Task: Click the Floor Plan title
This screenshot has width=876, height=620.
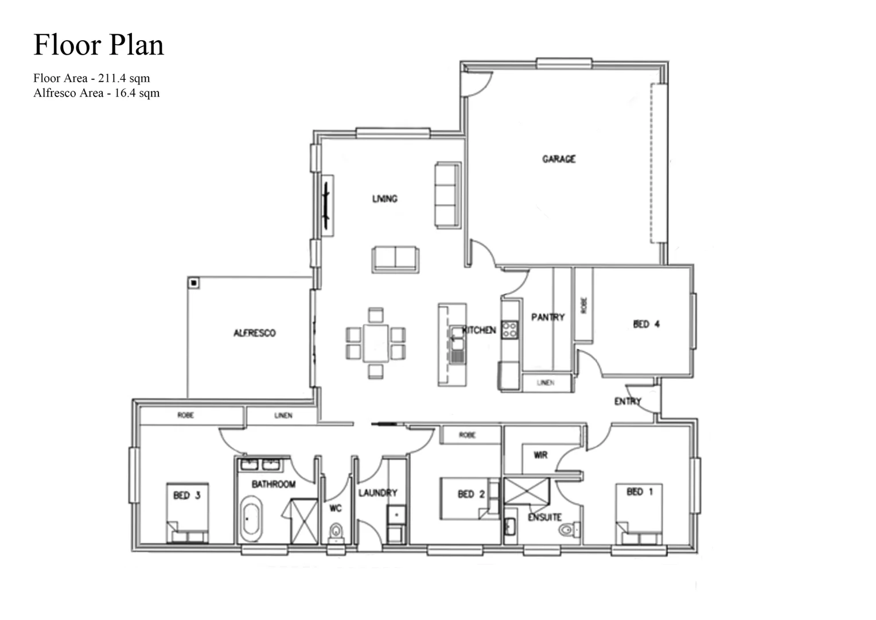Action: coord(99,45)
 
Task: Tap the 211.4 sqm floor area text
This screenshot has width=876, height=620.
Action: coord(123,78)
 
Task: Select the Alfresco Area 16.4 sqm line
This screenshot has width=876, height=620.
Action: coord(96,93)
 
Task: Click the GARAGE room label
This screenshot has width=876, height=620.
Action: coord(558,159)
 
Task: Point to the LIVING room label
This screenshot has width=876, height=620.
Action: coord(384,199)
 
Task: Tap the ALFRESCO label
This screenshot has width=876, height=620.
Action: coord(254,333)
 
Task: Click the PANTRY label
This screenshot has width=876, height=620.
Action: coord(547,317)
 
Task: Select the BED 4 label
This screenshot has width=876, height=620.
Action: coord(646,324)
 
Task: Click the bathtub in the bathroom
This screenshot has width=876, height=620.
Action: coord(251,520)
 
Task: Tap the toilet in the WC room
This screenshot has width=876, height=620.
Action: coord(336,532)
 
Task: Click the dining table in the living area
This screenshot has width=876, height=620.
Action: coord(375,343)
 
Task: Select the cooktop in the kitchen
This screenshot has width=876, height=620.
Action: coord(509,330)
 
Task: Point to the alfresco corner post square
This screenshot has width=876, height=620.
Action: coord(194,283)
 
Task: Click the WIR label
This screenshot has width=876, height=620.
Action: coord(540,455)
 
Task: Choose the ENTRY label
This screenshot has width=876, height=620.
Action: coord(628,401)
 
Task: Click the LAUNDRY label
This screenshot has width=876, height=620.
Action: coord(377,493)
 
